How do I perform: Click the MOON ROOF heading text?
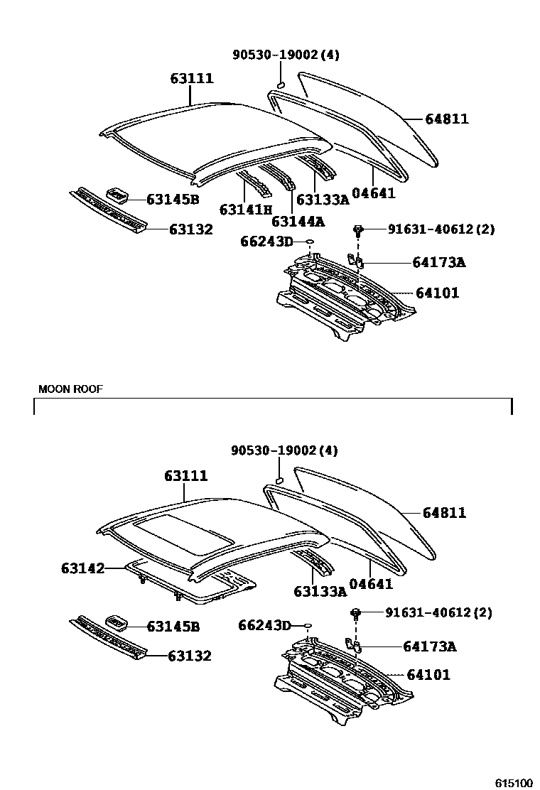pyautogui.click(x=70, y=389)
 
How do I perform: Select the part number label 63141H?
pyautogui.click(x=246, y=210)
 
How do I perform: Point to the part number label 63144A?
pyautogui.click(x=298, y=221)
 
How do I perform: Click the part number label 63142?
pyautogui.click(x=82, y=568)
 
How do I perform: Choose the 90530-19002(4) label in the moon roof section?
pyautogui.click(x=284, y=450)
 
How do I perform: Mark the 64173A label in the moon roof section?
pyautogui.click(x=429, y=646)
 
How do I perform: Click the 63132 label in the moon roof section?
pyautogui.click(x=190, y=656)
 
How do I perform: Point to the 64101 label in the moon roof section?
pyautogui.click(x=428, y=674)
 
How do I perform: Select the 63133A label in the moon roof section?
pyautogui.click(x=320, y=590)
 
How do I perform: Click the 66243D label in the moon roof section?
pyautogui.click(x=264, y=625)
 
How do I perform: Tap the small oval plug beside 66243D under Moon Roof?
pyautogui.click(x=308, y=626)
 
